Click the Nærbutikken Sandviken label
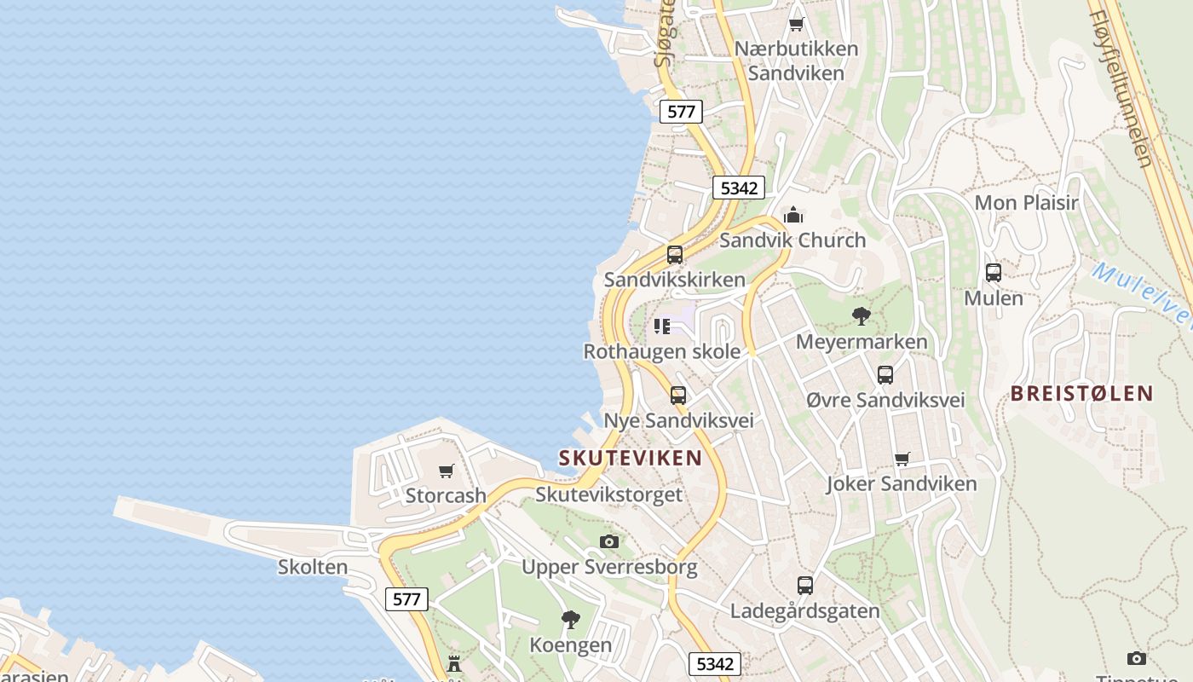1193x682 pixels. click(x=796, y=61)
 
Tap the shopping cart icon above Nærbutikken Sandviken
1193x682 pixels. click(x=796, y=24)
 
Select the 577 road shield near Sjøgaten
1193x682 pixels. click(x=680, y=112)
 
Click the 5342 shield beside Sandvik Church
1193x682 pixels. click(x=738, y=188)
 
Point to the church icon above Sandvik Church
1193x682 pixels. click(x=793, y=214)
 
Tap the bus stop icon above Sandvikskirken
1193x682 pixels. click(x=675, y=254)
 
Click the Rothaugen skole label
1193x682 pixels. click(x=661, y=351)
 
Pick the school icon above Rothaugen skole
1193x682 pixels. click(x=662, y=326)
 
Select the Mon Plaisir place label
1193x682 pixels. click(x=1026, y=203)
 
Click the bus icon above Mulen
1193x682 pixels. click(x=994, y=273)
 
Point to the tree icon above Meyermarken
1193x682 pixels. click(x=862, y=316)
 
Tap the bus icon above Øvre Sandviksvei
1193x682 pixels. click(x=885, y=374)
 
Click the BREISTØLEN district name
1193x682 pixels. click(x=1081, y=394)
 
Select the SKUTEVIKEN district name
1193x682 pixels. click(x=631, y=458)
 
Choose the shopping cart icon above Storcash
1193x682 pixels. click(x=446, y=471)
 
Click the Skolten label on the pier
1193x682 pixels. click(x=313, y=567)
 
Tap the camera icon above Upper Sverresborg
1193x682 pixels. click(x=609, y=541)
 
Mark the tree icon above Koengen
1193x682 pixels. click(x=571, y=619)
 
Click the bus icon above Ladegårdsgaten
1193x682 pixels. click(x=805, y=586)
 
